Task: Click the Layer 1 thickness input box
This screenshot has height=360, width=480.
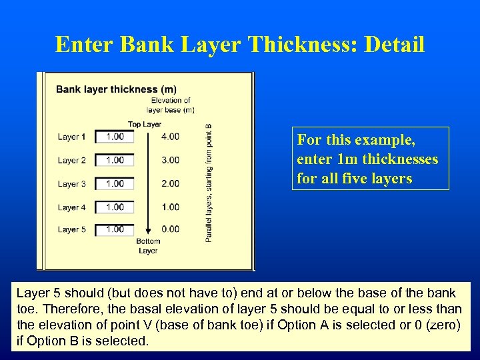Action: pyautogui.click(x=115, y=137)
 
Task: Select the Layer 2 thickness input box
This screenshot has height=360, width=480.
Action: pyautogui.click(x=115, y=160)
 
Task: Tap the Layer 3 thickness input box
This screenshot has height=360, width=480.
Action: pyautogui.click(x=115, y=183)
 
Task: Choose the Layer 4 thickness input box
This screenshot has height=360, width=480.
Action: pyautogui.click(x=115, y=207)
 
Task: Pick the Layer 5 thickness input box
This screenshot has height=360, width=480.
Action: pyautogui.click(x=115, y=229)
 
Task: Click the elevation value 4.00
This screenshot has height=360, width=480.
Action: pyautogui.click(x=170, y=137)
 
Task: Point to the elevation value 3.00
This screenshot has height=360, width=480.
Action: pyautogui.click(x=170, y=160)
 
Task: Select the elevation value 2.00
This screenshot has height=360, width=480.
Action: pyautogui.click(x=170, y=183)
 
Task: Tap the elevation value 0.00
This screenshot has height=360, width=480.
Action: pyautogui.click(x=170, y=229)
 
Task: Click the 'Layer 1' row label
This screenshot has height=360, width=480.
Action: pyautogui.click(x=71, y=137)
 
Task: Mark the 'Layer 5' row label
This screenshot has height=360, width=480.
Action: pyautogui.click(x=71, y=230)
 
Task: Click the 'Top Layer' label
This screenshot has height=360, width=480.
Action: pyautogui.click(x=145, y=124)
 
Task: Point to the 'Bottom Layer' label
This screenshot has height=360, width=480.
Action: pyautogui.click(x=148, y=246)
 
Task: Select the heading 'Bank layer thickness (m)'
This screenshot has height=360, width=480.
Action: pyautogui.click(x=116, y=89)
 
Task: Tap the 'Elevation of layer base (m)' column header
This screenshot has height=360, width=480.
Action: pyautogui.click(x=171, y=105)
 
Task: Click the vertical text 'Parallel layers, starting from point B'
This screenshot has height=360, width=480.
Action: pyautogui.click(x=209, y=181)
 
